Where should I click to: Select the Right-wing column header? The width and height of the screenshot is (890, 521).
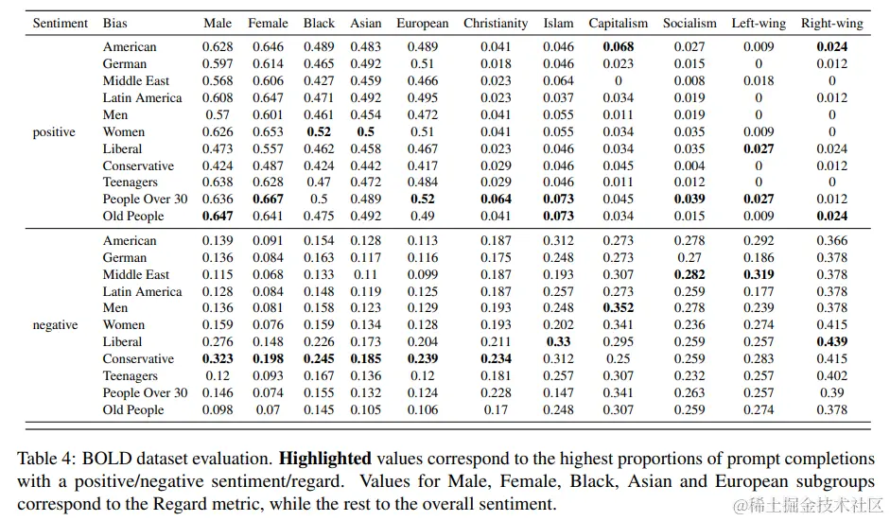[x=831, y=23]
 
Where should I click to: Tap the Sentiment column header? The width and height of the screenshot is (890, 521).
[x=60, y=23]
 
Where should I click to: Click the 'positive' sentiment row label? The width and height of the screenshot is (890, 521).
[x=54, y=131]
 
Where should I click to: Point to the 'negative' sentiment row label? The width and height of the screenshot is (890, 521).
[x=56, y=325]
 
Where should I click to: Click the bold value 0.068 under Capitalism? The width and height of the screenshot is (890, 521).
[x=618, y=47]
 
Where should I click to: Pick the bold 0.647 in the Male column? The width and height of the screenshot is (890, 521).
[x=218, y=217]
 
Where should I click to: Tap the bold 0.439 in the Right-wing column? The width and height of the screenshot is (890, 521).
[x=831, y=342]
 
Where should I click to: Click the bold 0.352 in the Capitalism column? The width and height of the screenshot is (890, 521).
[x=618, y=308]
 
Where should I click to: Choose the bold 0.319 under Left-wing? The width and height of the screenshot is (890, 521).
[x=752, y=275]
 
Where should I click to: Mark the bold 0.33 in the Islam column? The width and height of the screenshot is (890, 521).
[x=558, y=342]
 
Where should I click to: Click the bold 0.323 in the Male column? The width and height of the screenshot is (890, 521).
[x=218, y=359]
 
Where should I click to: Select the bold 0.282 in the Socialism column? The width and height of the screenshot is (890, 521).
[x=683, y=275]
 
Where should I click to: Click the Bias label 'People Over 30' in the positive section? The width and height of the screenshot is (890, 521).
[x=145, y=200]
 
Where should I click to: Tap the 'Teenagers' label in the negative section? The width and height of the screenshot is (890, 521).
[x=131, y=376]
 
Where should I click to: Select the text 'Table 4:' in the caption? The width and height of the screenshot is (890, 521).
[x=44, y=459]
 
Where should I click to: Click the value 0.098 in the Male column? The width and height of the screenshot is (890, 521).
[x=218, y=410]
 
